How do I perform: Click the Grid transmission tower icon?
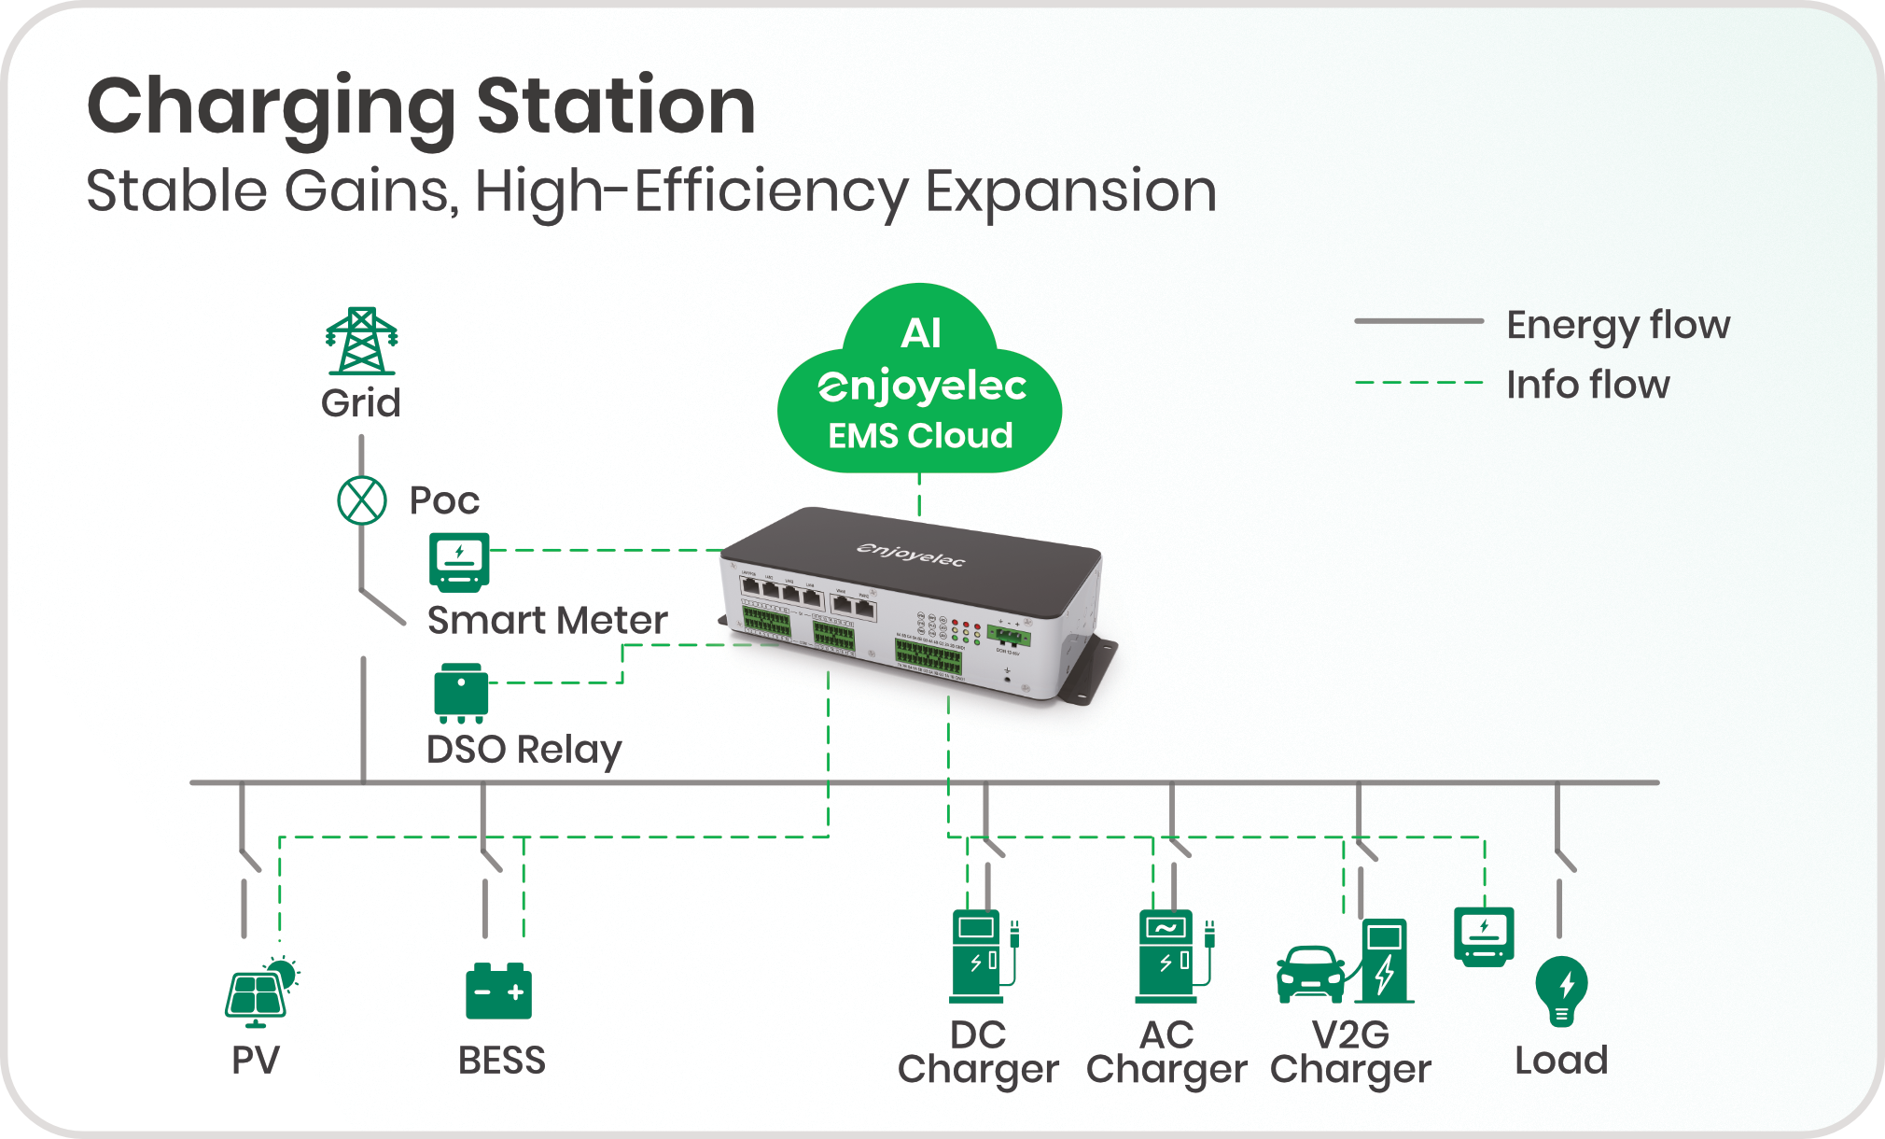point(361,342)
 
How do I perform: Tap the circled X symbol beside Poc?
point(362,500)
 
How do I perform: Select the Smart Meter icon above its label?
point(459,562)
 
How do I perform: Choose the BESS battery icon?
point(498,991)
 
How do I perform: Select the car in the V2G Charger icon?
point(1310,975)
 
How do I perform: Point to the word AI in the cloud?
point(921,333)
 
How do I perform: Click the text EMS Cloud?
point(920,435)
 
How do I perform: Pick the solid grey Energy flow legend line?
point(1418,321)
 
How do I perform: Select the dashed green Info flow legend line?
point(1418,383)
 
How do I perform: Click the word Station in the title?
point(616,106)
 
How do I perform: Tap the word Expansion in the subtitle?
point(1070,191)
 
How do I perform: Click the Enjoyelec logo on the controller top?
point(911,554)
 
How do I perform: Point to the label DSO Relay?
point(524,750)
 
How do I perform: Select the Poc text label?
point(444,501)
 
